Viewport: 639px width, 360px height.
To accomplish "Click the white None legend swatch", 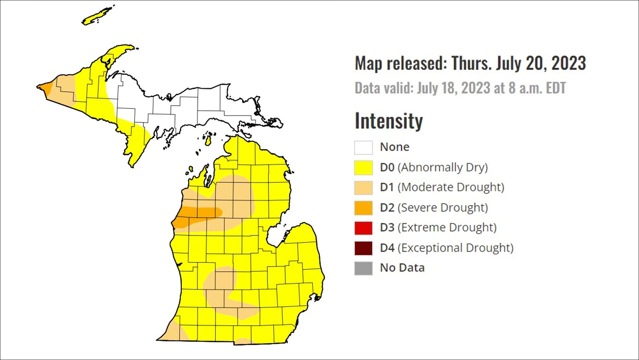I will (x=363, y=147).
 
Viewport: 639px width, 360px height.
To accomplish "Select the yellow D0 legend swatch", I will (x=363, y=168).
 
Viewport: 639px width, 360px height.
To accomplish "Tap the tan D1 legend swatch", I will (x=363, y=188).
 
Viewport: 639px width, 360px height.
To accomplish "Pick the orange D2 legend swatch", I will (x=363, y=208).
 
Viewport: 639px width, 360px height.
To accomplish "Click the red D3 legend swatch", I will (x=363, y=228).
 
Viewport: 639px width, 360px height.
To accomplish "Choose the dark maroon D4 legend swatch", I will (x=363, y=248).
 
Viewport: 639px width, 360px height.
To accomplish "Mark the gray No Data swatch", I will (x=363, y=268).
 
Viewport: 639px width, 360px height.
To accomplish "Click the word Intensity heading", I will (x=388, y=121).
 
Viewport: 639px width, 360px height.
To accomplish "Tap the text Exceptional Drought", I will (x=455, y=248).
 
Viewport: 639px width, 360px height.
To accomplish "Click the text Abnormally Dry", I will (x=444, y=167).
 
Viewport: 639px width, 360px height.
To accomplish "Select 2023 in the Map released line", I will (x=568, y=63).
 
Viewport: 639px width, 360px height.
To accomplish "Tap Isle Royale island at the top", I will (x=97, y=16).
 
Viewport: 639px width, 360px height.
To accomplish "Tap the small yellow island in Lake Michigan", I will (x=208, y=140).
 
